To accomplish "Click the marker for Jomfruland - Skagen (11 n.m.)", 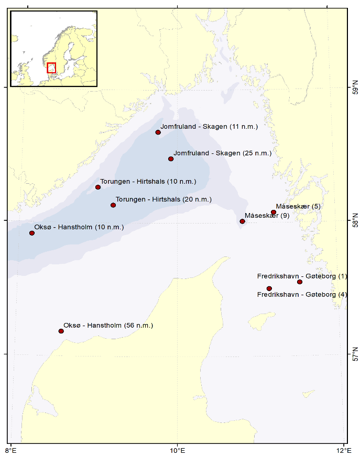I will tap(158, 132).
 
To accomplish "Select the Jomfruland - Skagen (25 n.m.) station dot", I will tap(171, 159).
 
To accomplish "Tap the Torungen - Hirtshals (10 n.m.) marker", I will tap(98, 187).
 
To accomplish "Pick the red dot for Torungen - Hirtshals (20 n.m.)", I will tap(113, 205).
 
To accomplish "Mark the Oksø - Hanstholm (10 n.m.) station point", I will tap(32, 233).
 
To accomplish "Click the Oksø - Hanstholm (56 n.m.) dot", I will tap(61, 331).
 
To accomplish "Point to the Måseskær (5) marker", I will tap(274, 213).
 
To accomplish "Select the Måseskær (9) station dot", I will tap(243, 221).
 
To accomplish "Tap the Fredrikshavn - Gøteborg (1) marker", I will tap(300, 282).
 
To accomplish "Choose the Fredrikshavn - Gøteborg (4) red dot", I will tap(269, 288).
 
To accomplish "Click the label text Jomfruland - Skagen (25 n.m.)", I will tap(223, 153).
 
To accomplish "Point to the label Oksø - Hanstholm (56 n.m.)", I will tap(108, 326).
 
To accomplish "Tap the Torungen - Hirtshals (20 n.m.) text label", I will tap(163, 199).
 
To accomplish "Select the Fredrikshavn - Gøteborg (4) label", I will tap(302, 295).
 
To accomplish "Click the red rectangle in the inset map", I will tap(51, 68).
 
